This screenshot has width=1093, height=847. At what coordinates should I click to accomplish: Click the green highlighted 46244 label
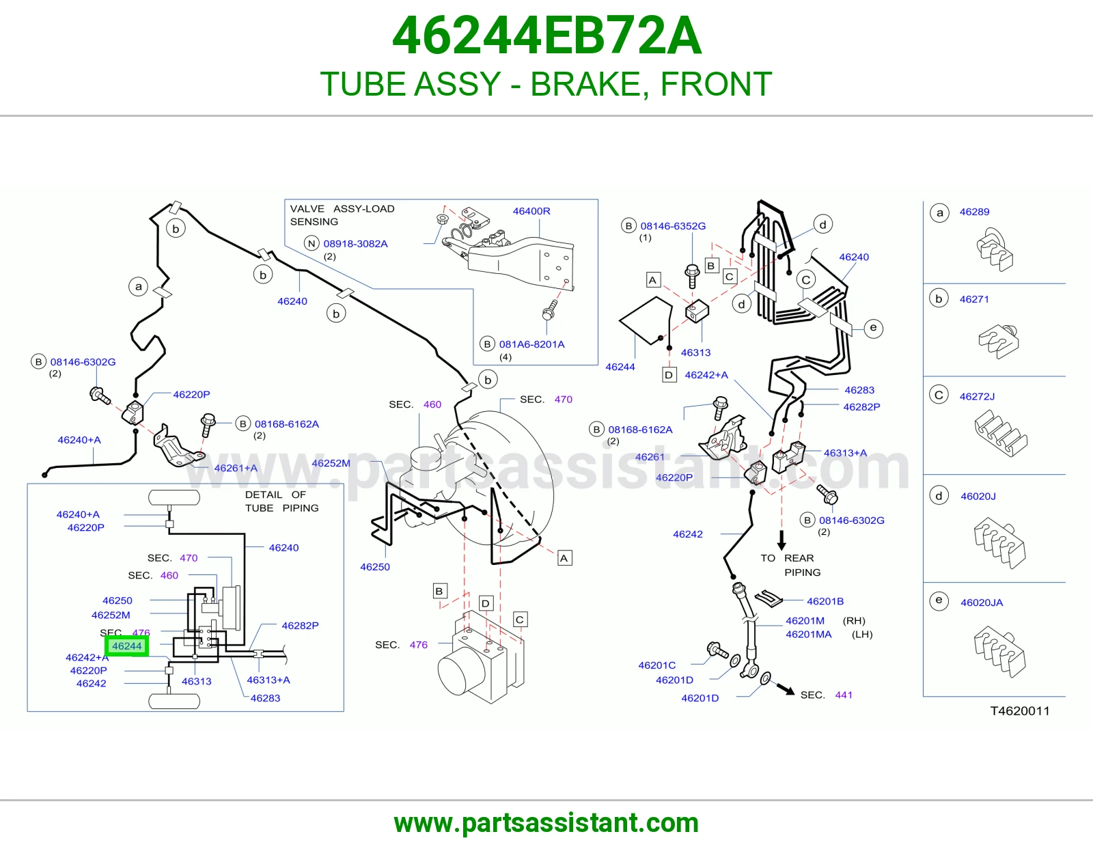point(127,645)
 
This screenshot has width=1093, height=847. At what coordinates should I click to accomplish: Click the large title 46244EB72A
point(546,36)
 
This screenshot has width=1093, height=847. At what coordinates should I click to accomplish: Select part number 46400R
point(531,211)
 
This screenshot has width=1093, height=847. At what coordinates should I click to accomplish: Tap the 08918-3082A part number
point(355,244)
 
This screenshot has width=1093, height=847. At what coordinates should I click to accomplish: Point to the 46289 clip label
point(974,212)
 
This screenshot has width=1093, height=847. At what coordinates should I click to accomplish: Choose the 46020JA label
point(982,602)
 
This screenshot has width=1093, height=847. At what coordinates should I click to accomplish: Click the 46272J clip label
point(977,396)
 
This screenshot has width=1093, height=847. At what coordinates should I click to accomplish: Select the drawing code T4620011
point(1019,710)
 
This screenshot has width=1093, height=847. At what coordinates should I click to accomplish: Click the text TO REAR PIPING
point(790,566)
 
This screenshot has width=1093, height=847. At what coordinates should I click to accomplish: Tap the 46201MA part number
point(808,635)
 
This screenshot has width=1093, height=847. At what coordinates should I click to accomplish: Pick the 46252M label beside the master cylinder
point(331,463)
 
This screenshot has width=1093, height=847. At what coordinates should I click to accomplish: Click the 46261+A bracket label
point(236,469)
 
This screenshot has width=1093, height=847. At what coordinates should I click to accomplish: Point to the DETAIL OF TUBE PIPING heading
point(281,501)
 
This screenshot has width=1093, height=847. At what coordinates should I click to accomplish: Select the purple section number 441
point(844,695)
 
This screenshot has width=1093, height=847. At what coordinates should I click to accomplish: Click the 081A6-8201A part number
point(531,344)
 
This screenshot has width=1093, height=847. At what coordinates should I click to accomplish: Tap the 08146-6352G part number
point(673,226)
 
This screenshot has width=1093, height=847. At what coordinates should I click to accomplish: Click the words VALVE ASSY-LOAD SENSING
point(342,215)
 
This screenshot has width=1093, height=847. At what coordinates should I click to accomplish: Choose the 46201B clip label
point(825,602)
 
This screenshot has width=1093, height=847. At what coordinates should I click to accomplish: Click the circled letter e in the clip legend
point(939,600)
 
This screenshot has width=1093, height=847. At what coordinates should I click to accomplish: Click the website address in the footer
point(546,823)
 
